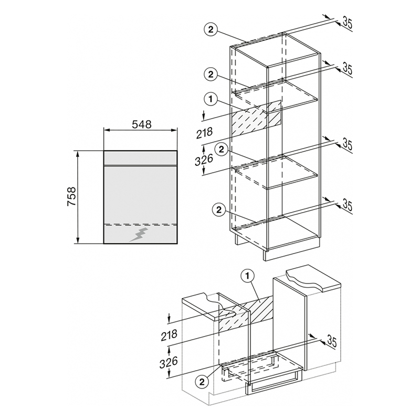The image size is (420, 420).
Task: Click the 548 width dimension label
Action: [x=142, y=124]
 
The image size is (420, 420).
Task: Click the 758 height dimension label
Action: [x=71, y=196]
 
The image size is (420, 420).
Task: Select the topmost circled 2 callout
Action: [x=211, y=30]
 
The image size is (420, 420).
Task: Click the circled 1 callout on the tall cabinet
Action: [x=211, y=99]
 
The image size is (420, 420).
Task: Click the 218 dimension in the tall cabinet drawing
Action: [x=204, y=133]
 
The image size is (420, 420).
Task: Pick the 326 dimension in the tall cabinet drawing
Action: [x=204, y=160]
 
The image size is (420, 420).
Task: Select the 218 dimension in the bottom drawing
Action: [x=169, y=335]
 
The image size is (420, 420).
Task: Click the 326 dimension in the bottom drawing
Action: [x=169, y=362]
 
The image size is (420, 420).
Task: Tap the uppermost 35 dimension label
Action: [x=347, y=23]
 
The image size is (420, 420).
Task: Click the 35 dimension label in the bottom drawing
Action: [x=331, y=342]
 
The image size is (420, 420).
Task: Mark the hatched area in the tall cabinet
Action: [x=256, y=119]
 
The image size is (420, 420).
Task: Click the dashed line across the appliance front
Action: [x=140, y=224]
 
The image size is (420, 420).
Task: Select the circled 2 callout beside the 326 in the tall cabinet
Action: [x=221, y=150]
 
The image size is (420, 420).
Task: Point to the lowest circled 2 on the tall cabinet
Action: [x=219, y=209]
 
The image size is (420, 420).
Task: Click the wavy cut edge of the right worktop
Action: [x=304, y=281]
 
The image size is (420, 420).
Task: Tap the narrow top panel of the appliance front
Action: [x=140, y=158]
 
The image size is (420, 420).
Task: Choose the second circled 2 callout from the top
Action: [x=211, y=74]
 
